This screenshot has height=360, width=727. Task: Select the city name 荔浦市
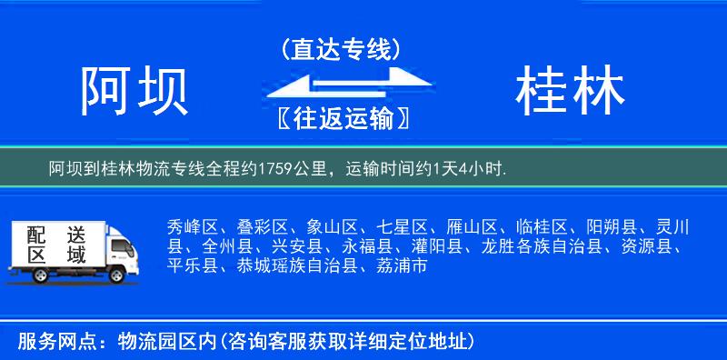point(401,266)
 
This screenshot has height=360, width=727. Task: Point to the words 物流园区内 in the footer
point(166,341)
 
